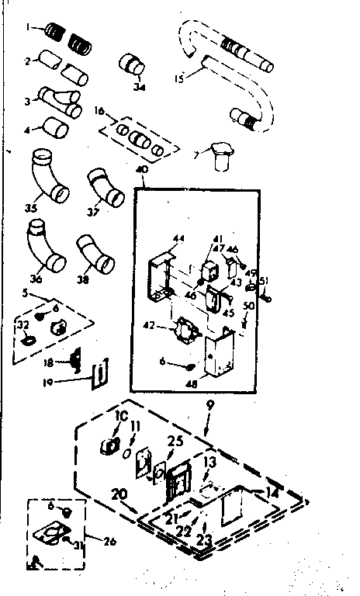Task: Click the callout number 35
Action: click(x=31, y=208)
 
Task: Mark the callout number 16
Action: click(x=99, y=111)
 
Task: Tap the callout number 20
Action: click(x=119, y=493)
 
